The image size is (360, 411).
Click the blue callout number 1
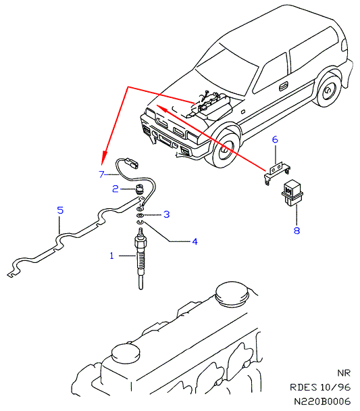pyautogui.click(x=112, y=256)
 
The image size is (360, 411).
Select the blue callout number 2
pyautogui.click(x=115, y=189)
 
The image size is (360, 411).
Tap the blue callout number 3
pyautogui.click(x=167, y=214)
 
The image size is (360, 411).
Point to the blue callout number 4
pyautogui.click(x=195, y=241)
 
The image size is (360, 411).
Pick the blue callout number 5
pyautogui.click(x=61, y=210)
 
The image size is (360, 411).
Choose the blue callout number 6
pyautogui.click(x=275, y=139)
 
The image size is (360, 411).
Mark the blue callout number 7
pyautogui.click(x=101, y=174)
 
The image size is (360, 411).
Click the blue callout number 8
pyautogui.click(x=297, y=231)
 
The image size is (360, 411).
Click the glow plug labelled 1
pyautogui.click(x=140, y=258)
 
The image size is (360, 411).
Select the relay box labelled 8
pyautogui.click(x=292, y=193)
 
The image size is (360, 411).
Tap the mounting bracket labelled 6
pyautogui.click(x=278, y=172)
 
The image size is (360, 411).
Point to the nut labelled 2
pyautogui.click(x=139, y=190)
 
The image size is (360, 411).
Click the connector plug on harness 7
pyautogui.click(x=132, y=162)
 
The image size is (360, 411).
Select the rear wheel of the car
pyautogui.click(x=328, y=90)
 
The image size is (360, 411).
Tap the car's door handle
pyautogui.click(x=283, y=87)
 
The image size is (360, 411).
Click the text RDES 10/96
pyautogui.click(x=320, y=387)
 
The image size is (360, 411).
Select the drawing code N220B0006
pyautogui.click(x=322, y=402)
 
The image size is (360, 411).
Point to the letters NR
pyautogui.click(x=344, y=373)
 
